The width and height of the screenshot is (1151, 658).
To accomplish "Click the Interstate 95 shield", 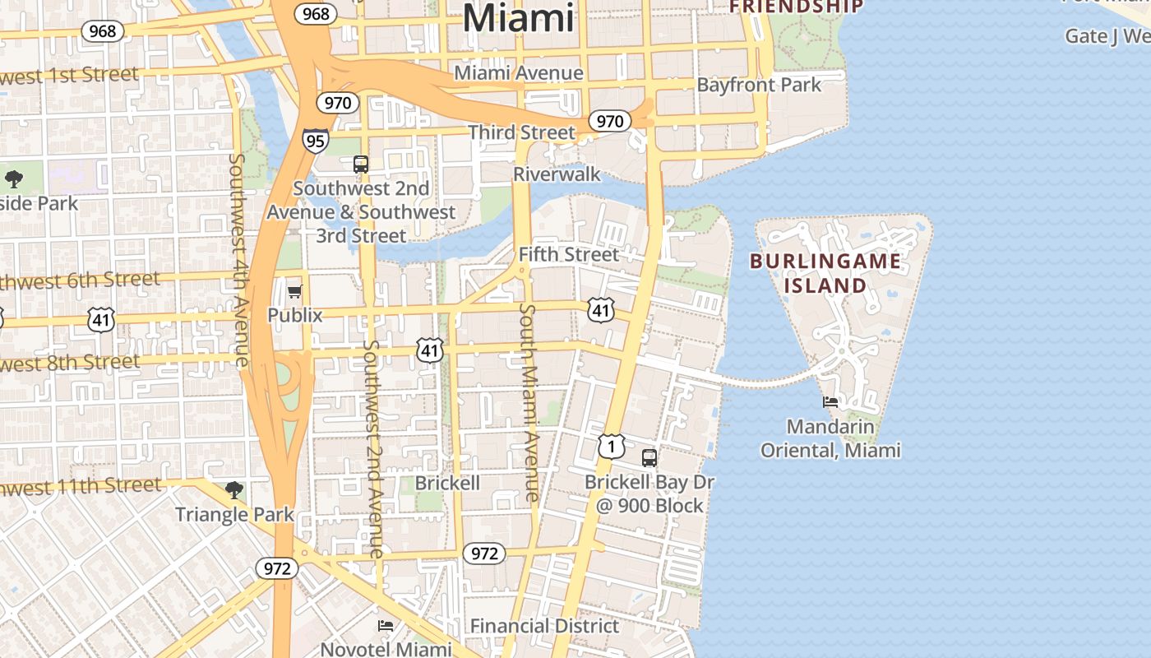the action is point(315,140).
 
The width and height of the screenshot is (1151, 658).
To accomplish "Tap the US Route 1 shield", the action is point(612,446).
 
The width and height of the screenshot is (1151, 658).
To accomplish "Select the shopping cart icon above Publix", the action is point(294,291).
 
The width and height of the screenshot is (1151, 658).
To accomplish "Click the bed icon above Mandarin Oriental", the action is point(830,402).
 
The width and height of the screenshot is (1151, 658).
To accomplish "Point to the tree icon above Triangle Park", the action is point(234,490).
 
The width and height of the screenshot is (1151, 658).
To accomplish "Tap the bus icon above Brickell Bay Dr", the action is point(649,458).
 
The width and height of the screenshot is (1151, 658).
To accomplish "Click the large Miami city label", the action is point(518,17).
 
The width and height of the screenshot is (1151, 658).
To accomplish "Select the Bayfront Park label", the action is point(759,85).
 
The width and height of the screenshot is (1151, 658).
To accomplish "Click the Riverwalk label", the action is point(557,174).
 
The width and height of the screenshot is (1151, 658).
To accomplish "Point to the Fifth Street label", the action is point(568,254).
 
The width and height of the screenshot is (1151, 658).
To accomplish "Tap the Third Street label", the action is point(521,132).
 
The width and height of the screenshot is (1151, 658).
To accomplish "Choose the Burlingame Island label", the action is point(825,274).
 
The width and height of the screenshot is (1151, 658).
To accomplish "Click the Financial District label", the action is point(544,626).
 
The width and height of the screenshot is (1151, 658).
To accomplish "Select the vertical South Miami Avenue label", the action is point(529,403).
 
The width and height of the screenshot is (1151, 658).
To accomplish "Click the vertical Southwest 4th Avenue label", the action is point(239,259).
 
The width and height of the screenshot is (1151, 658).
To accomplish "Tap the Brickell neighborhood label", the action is point(447,483).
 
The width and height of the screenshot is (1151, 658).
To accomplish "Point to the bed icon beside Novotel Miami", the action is point(385,626).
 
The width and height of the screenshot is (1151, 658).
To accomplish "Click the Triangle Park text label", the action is point(234,515).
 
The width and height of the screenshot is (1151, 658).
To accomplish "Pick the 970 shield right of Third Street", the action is point(609,122).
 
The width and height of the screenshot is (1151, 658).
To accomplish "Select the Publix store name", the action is point(295,315).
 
